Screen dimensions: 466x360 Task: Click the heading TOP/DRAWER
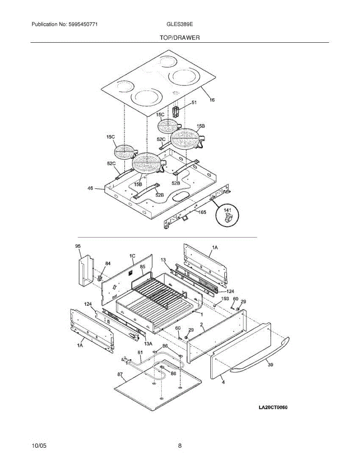(179, 38)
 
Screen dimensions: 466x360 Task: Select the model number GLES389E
(179, 24)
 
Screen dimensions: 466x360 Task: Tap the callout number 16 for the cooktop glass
(212, 100)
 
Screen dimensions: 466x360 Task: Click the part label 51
(194, 103)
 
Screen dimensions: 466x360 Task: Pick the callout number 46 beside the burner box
(90, 189)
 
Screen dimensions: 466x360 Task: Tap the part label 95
(78, 246)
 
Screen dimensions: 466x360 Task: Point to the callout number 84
(108, 264)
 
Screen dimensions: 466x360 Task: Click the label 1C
(132, 256)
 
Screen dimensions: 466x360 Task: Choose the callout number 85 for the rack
(143, 266)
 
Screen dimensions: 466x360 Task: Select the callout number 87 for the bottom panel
(120, 375)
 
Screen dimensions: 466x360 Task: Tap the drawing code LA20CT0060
(275, 407)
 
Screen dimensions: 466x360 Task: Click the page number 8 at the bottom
(180, 446)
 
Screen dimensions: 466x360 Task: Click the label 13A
(148, 343)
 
